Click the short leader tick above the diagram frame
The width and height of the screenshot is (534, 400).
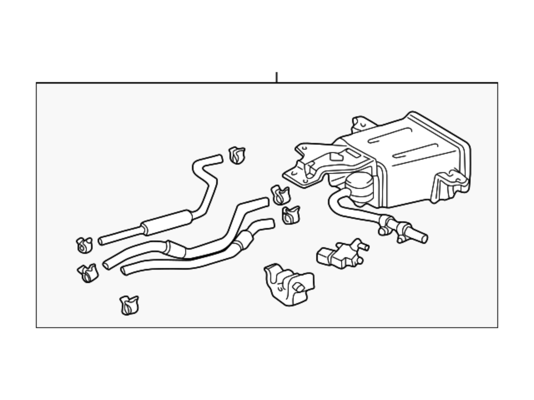276,77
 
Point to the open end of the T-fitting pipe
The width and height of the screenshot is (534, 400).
424,238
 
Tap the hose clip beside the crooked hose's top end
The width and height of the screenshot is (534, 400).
237,155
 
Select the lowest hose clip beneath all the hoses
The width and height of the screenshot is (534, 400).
129,305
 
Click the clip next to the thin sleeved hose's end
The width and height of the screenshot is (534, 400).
84,245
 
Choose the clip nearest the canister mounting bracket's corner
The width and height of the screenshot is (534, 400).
280,195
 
